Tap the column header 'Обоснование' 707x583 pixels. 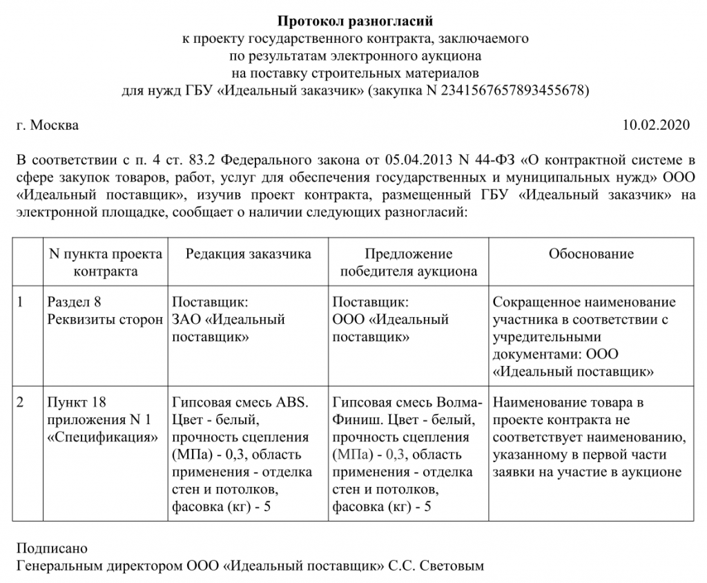click(x=591, y=254)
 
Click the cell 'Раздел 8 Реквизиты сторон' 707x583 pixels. click(x=102, y=311)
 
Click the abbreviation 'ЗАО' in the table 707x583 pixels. click(x=186, y=320)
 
